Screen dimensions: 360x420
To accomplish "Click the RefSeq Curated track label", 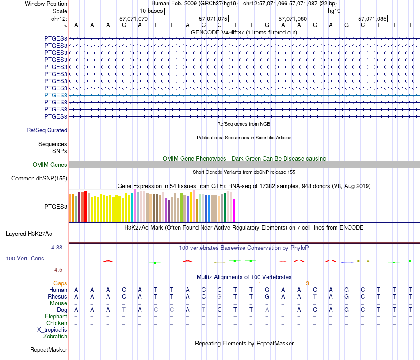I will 47,130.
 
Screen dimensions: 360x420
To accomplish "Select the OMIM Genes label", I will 50,165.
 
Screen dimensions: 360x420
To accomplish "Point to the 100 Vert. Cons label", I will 25,258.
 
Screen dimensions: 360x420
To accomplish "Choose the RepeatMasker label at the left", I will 49,350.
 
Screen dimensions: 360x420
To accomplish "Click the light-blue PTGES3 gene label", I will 56,95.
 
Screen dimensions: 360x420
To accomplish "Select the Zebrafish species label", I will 55,337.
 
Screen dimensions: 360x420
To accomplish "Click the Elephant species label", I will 56,317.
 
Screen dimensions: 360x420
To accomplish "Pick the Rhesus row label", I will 57,296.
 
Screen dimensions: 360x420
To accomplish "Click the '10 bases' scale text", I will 151,11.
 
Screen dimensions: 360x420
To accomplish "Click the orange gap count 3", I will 307,283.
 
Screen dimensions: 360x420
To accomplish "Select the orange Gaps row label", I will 60,283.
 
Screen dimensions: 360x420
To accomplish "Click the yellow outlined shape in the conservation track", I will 363,261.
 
